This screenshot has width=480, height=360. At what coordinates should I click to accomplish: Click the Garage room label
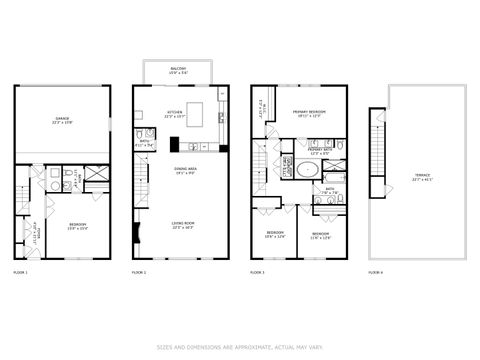62,121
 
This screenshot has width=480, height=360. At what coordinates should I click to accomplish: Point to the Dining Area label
184,171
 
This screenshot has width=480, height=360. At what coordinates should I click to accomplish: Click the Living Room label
184,225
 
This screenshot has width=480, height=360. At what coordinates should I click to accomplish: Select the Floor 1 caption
20,271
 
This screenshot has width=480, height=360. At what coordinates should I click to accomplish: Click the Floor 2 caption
139,271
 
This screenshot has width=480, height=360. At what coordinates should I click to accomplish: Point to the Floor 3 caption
257,271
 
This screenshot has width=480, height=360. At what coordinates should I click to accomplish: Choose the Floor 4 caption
375,271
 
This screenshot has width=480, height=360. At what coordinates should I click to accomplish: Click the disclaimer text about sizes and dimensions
240,347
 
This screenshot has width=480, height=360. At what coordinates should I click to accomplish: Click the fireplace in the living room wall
136,232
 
